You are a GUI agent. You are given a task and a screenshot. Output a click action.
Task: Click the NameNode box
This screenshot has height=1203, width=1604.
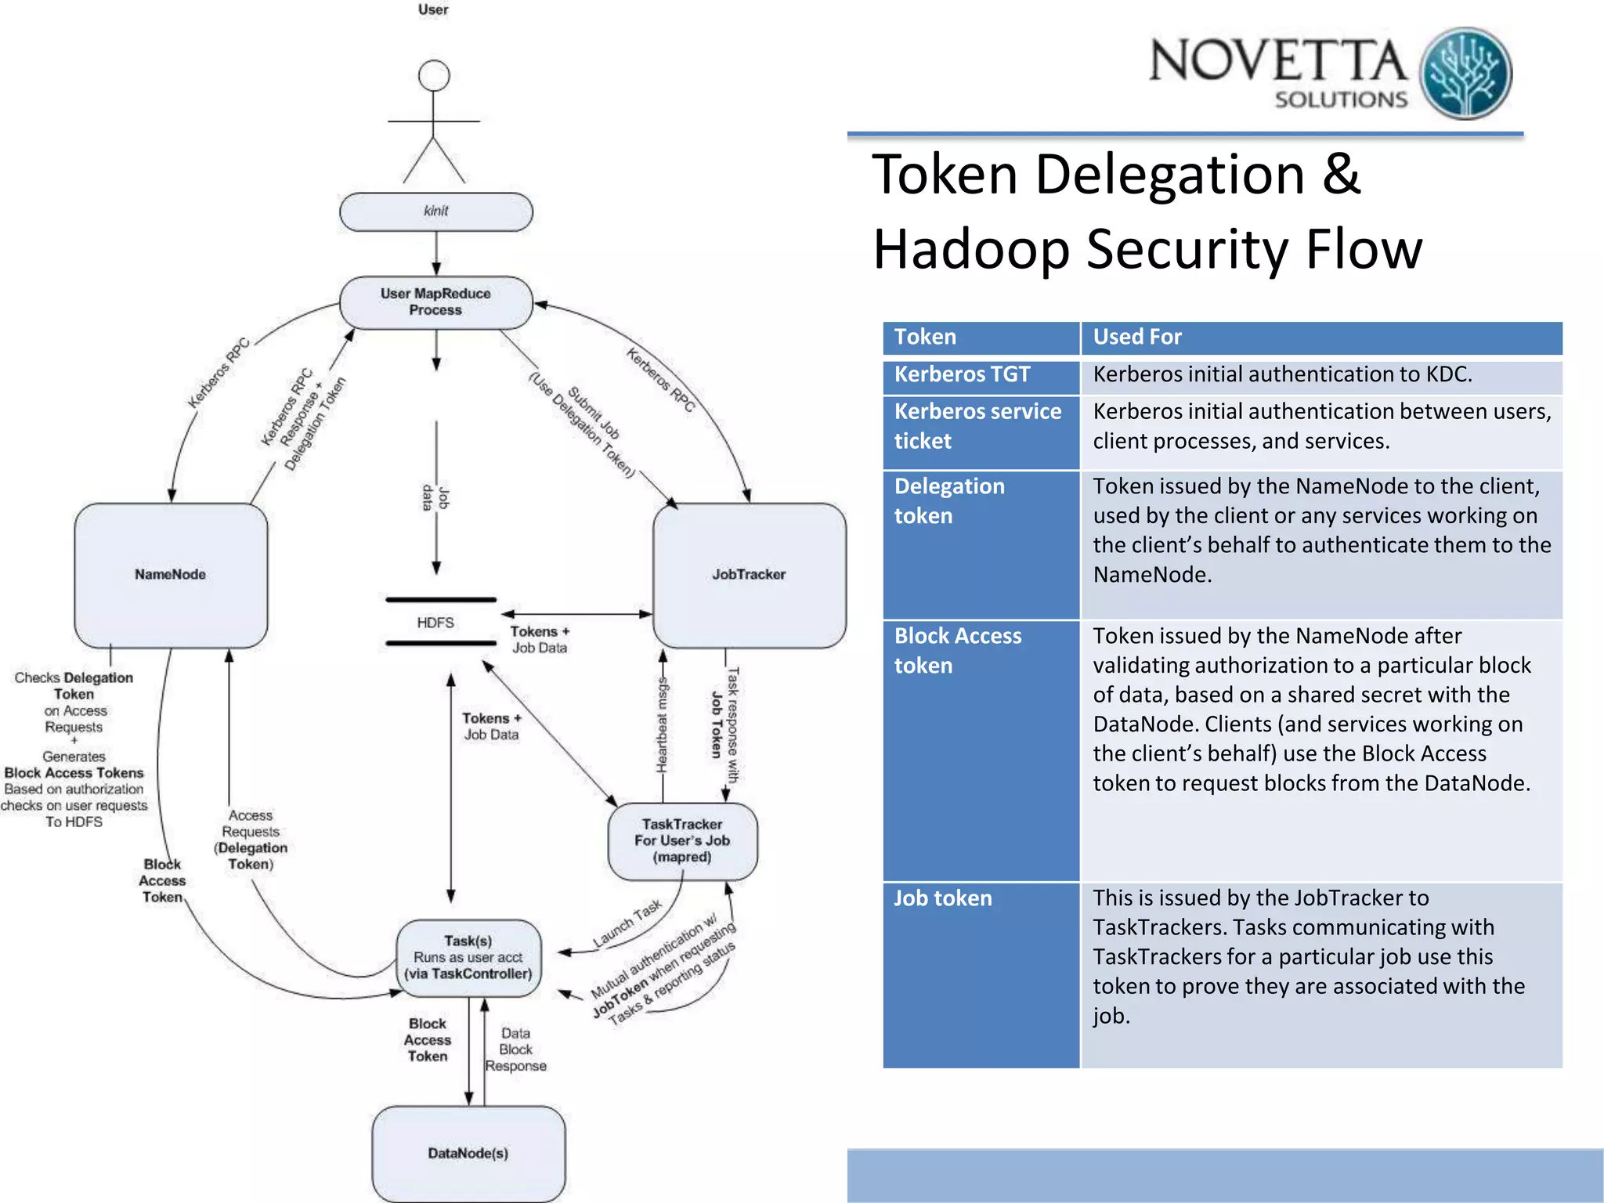coord(171,575)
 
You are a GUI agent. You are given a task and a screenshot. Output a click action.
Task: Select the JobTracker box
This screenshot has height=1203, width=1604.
coord(749,575)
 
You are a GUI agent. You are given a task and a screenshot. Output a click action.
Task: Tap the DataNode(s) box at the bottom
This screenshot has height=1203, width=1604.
coord(468,1153)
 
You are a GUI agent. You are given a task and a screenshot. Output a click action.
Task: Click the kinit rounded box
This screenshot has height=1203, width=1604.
coord(436,211)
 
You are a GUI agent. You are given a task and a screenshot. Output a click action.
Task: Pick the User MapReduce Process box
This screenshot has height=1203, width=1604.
coord(436,302)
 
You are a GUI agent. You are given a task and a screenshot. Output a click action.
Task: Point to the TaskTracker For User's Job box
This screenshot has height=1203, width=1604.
coord(682,840)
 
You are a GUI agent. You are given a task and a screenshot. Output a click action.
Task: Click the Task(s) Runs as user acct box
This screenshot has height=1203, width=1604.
coord(468,958)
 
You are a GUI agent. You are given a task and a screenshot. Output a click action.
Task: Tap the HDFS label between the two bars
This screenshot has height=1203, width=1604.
coord(435,623)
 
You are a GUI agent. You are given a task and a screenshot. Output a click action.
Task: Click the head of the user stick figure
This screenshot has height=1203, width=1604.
coord(434,76)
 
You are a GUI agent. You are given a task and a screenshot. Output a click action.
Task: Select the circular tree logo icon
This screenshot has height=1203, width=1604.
coord(1465,73)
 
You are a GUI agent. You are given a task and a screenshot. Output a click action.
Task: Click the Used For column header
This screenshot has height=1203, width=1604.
coord(1137,337)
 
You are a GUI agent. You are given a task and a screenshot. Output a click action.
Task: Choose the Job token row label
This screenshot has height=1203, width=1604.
coord(943,898)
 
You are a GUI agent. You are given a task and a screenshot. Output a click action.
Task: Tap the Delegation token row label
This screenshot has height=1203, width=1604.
coord(949,501)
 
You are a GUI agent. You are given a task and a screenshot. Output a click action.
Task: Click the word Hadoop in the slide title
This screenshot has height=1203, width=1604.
coord(971,249)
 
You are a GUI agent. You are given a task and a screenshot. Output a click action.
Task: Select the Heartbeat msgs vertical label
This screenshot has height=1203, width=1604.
coord(663,724)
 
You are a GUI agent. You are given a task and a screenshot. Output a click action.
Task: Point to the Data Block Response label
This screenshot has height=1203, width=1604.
coord(515,1049)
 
